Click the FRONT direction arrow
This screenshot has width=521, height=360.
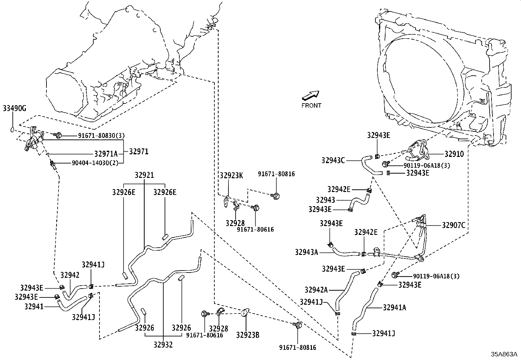(310, 95)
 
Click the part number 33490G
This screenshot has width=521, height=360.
(14, 108)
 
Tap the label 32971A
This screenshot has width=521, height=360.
(106, 154)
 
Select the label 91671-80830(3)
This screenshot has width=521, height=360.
(101, 135)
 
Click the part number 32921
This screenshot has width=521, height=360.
(144, 176)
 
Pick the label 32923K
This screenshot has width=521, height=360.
(231, 175)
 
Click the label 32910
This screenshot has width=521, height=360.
(454, 154)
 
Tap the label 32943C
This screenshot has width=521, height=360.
(333, 161)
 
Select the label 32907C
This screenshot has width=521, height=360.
(454, 225)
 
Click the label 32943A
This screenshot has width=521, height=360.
(306, 252)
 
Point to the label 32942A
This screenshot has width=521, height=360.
(316, 290)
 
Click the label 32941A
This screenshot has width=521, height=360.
(395, 307)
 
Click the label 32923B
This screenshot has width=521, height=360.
(248, 335)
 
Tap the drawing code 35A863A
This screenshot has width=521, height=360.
(504, 354)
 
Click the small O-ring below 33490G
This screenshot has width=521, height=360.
(12, 129)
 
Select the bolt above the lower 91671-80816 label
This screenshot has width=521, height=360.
(297, 325)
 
